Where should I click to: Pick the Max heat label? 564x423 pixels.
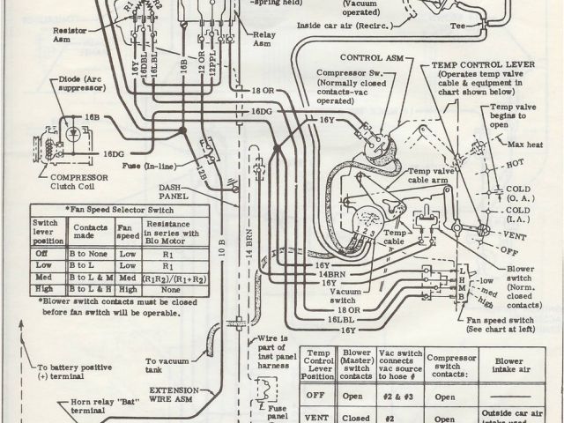pos(537,144)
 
